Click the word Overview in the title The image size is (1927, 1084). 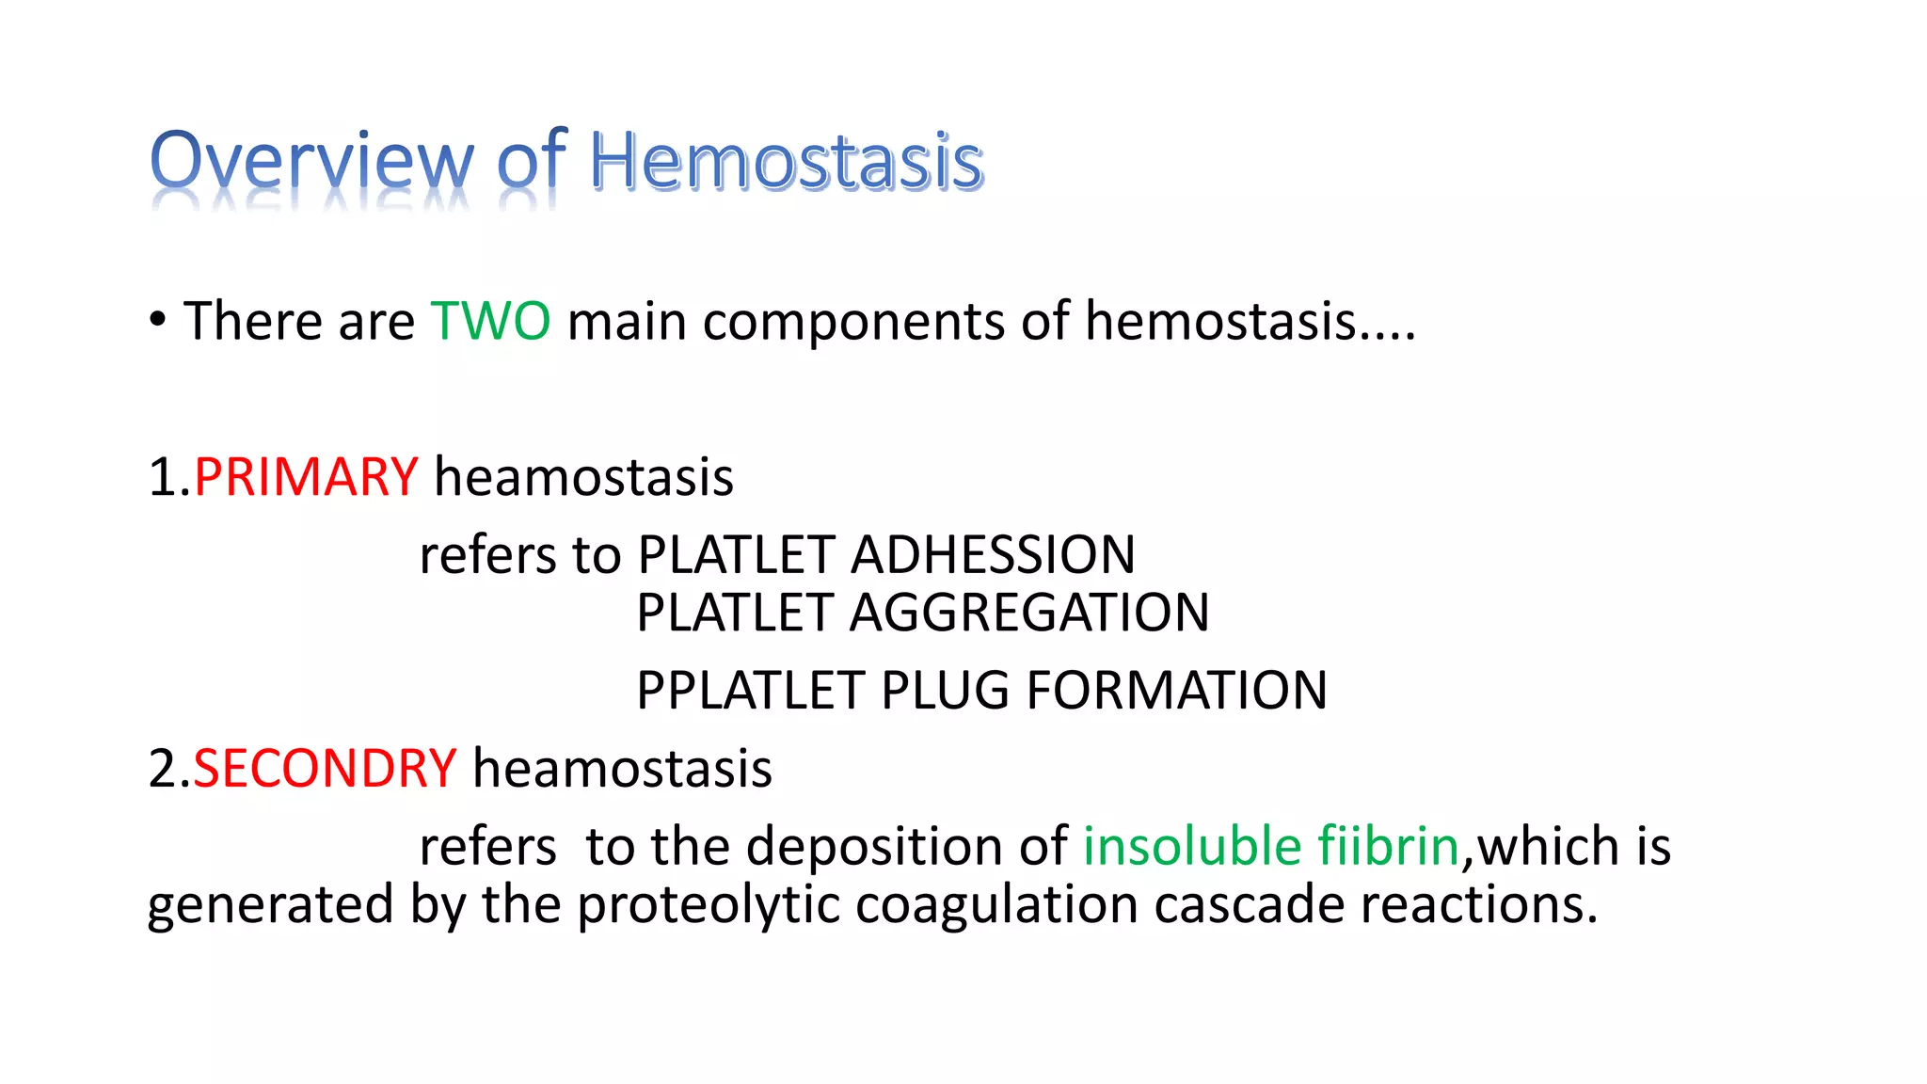coord(311,162)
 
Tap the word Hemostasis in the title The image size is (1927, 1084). coord(786,162)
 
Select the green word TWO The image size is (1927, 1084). coord(490,321)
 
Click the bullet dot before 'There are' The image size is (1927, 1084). coord(158,320)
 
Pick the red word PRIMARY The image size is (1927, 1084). coord(306,477)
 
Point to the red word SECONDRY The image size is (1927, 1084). coord(325,769)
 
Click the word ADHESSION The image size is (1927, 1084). coord(993,555)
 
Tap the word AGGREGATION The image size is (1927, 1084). coord(1029,614)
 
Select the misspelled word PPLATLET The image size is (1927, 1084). coord(750,691)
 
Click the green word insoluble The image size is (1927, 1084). coord(1191,846)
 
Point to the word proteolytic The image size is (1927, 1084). coord(708,905)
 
